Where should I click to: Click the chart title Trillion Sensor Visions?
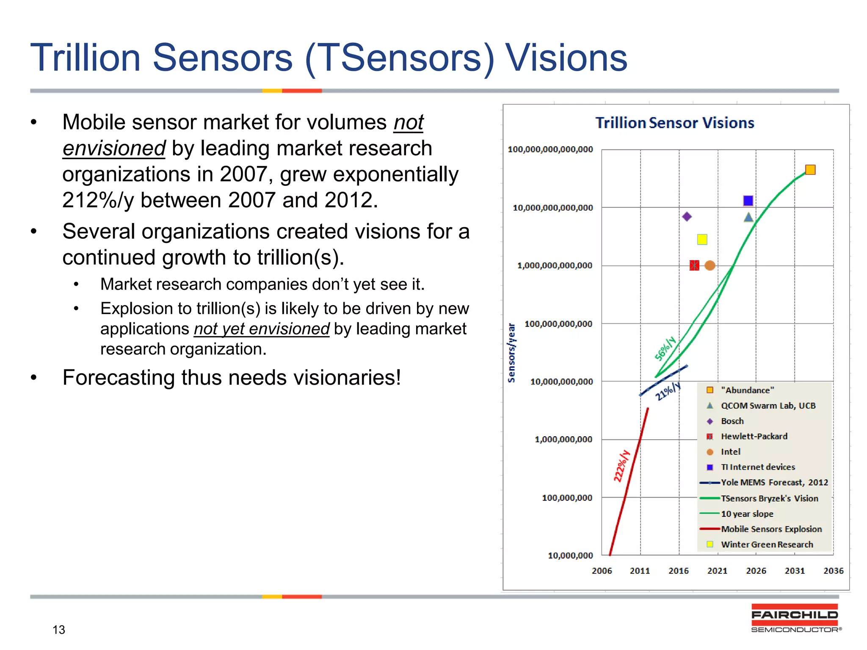[674, 123]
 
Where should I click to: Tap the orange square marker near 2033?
[810, 170]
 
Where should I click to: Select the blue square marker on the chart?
[748, 201]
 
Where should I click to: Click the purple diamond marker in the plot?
[687, 217]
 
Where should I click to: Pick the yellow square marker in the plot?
[702, 240]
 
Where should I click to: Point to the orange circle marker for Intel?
[710, 265]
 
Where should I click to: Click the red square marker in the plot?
[694, 265]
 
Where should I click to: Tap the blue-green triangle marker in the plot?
[748, 218]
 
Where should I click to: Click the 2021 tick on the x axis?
[717, 571]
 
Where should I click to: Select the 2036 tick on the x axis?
[833, 571]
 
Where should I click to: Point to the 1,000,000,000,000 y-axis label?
[555, 266]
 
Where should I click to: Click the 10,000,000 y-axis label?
[570, 556]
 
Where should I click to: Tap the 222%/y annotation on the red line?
[622, 466]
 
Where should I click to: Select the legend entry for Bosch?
[732, 421]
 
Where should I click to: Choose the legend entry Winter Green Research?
[767, 545]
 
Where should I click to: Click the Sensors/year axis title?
[511, 353]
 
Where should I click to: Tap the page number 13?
[59, 630]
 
